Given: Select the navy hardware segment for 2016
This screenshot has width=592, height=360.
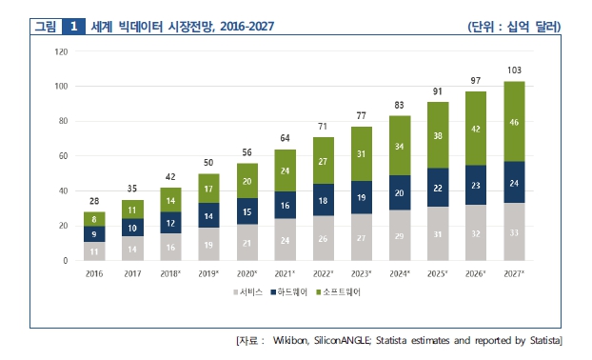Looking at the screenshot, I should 92,233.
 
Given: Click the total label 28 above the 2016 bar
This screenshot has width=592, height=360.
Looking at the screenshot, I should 92,202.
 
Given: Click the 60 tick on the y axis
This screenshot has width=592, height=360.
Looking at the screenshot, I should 62,156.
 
